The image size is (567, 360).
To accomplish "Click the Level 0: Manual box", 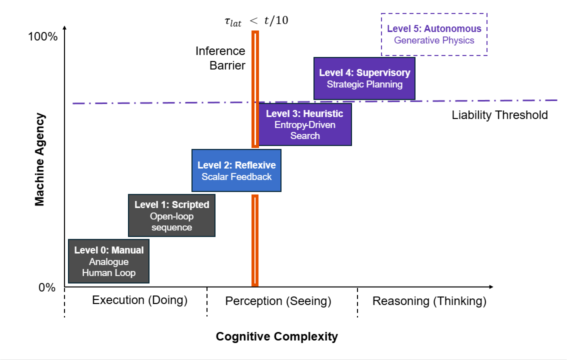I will (108, 261).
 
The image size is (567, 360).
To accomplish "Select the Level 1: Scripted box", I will (171, 215).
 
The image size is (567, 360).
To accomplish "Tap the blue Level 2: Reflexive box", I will (236, 170).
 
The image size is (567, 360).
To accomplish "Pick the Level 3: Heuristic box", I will (304, 124).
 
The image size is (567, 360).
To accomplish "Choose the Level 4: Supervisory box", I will (364, 78).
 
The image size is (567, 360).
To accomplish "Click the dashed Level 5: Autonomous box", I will (434, 34).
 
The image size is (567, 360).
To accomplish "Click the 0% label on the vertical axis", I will (46, 288).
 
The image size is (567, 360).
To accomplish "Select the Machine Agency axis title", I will (39, 159).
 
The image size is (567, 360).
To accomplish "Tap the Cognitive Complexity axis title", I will (276, 336).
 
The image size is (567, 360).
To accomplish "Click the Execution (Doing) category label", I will (139, 300).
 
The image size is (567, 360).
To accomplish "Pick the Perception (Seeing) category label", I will (278, 301).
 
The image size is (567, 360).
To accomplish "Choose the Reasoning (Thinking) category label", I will (429, 301).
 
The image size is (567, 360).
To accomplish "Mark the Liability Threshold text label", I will (499, 115).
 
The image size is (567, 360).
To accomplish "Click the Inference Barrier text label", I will (220, 58).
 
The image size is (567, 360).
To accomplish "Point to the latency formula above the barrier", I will (255, 21).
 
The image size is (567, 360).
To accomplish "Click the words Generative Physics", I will (434, 40).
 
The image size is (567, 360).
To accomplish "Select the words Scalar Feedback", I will (236, 176).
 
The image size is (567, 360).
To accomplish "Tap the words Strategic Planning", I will (364, 84).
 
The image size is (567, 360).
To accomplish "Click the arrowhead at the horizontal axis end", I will (491, 286).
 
